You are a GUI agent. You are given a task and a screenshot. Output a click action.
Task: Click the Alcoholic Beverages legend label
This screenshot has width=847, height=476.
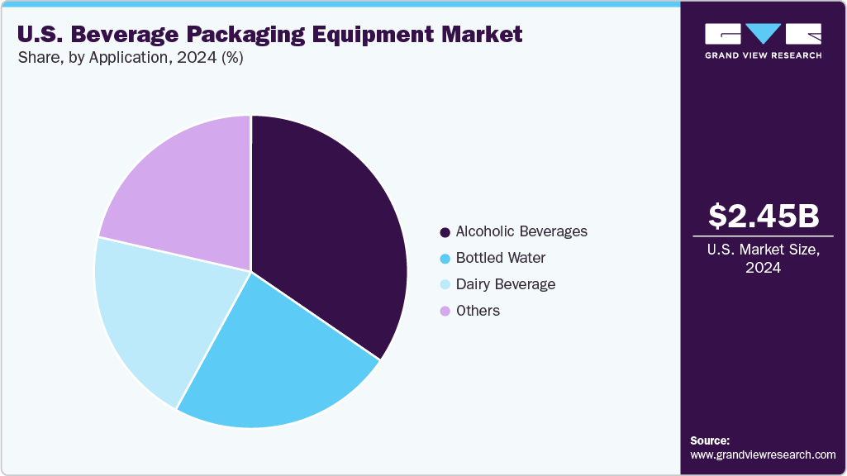coord(521,231)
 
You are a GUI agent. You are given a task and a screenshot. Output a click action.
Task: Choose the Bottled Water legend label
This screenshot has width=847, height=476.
coord(501,258)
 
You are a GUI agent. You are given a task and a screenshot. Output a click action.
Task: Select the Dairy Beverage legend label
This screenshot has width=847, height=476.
coord(506,284)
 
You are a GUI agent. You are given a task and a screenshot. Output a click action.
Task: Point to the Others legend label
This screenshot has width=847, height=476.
coord(478,311)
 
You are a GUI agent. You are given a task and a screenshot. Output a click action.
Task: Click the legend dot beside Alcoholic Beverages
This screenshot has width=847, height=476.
coord(445,232)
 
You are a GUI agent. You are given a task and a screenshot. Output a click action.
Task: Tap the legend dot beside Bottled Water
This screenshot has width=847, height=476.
coord(445,259)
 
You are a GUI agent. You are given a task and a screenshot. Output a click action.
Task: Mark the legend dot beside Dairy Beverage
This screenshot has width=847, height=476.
coord(445,285)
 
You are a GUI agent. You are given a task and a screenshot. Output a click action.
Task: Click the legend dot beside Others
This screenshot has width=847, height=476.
coord(445,312)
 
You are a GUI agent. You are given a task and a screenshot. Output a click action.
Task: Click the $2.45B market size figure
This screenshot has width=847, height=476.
coord(764,216)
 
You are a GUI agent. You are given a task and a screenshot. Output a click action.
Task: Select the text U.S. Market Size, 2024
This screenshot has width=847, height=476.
coord(764,259)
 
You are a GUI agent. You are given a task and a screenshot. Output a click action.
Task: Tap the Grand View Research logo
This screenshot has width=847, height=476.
coord(763,40)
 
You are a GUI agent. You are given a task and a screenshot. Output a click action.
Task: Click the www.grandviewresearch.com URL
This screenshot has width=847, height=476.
coord(763,455)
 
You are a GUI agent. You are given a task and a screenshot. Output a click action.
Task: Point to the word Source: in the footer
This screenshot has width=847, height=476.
coord(710,440)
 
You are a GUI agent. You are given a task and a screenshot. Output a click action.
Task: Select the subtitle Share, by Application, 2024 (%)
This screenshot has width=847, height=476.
coord(130,59)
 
